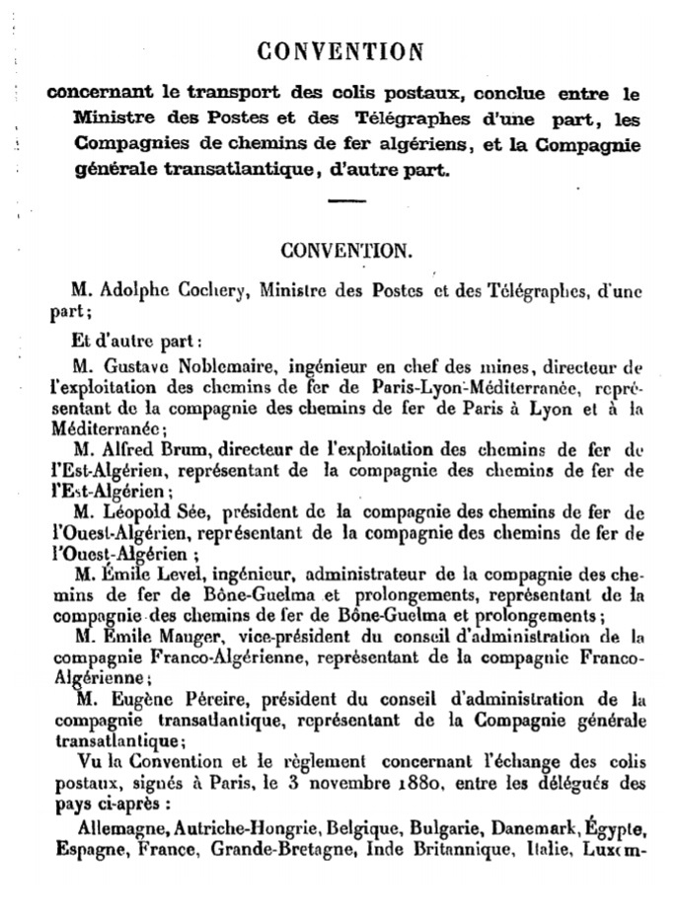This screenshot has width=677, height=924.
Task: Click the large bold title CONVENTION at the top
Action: (339, 50)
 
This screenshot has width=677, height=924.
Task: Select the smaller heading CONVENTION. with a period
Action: (343, 251)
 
